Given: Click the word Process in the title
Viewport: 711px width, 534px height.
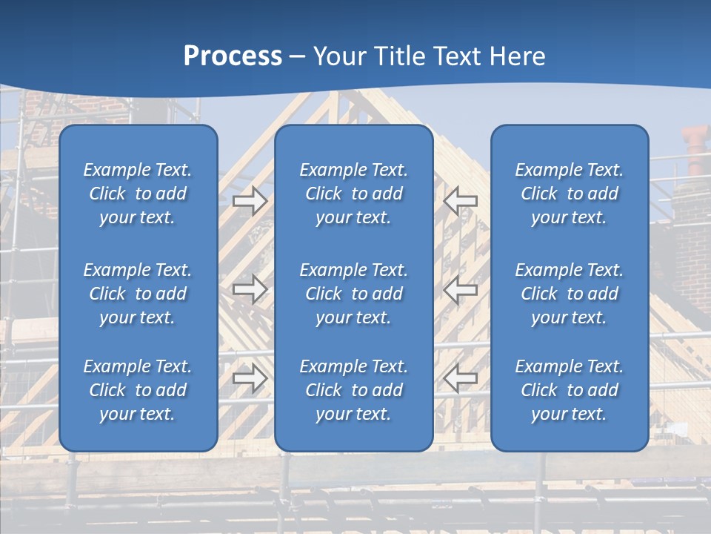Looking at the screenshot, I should point(233,56).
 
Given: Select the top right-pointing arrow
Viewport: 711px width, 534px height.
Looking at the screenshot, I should point(250,200).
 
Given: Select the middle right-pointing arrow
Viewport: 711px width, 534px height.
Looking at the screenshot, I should point(250,289).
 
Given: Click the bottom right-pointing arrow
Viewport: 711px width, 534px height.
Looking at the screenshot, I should point(250,378).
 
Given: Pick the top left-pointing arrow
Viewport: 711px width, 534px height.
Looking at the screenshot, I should point(461,200).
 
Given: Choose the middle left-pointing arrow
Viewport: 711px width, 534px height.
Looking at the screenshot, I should point(461,289).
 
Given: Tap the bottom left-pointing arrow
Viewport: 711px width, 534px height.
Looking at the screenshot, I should point(461,378).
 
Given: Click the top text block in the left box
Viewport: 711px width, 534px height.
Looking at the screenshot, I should point(138,194).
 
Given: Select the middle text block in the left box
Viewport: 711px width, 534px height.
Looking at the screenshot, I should point(138,294).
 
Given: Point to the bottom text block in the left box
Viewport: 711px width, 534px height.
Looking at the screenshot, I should point(138,390).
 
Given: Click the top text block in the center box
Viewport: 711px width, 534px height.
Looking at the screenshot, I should point(353,194).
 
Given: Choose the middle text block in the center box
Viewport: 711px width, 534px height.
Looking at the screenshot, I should point(353,294).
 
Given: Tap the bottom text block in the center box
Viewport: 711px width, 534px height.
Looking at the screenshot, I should point(353,390).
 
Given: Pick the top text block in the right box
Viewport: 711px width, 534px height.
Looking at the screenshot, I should point(569,194).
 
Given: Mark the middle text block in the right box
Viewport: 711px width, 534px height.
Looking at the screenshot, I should point(569,294).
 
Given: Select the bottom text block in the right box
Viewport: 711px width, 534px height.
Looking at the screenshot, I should point(569,390).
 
